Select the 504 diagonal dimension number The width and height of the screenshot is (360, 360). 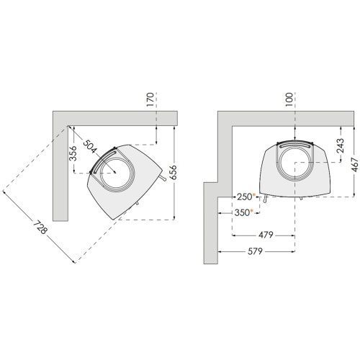pyautogui.click(x=90, y=147)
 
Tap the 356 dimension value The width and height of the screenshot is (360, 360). pyautogui.click(x=73, y=153)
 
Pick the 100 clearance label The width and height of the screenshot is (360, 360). pyautogui.click(x=289, y=99)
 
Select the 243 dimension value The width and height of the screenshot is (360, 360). pyautogui.click(x=341, y=145)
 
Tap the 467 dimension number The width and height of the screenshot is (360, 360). pyautogui.click(x=355, y=164)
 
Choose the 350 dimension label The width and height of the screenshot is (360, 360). pyautogui.click(x=242, y=212)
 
